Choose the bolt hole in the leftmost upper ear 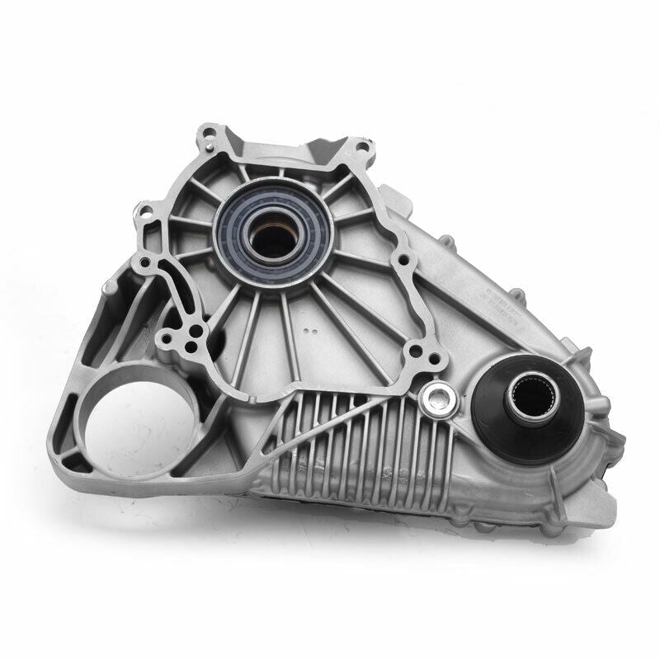coord(146,209)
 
